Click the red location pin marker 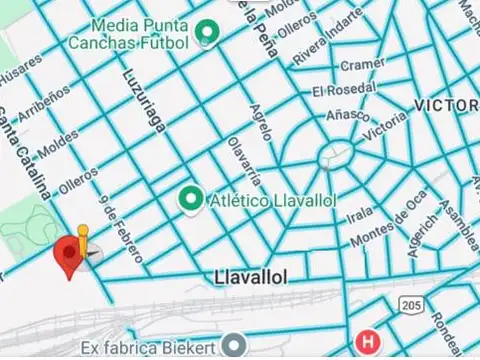pos(68,255)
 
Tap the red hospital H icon pos(370,342)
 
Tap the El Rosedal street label pos(343,91)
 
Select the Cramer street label pos(362,66)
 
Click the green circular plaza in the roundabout pos(333,155)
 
